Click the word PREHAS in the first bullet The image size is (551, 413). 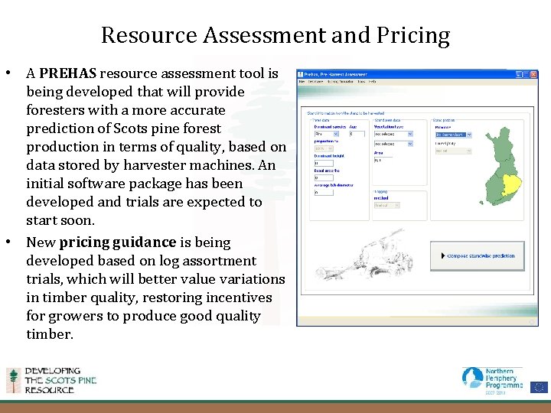click(67, 74)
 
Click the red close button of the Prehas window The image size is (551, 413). click(533, 74)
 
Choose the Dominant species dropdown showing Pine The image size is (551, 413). click(328, 134)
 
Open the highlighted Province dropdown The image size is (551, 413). click(453, 135)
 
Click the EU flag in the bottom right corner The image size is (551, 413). click(539, 386)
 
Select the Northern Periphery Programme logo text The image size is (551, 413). click(502, 378)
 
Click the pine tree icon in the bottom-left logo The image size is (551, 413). click(13, 380)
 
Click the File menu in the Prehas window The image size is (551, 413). click(302, 82)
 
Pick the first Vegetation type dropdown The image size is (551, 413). click(392, 134)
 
